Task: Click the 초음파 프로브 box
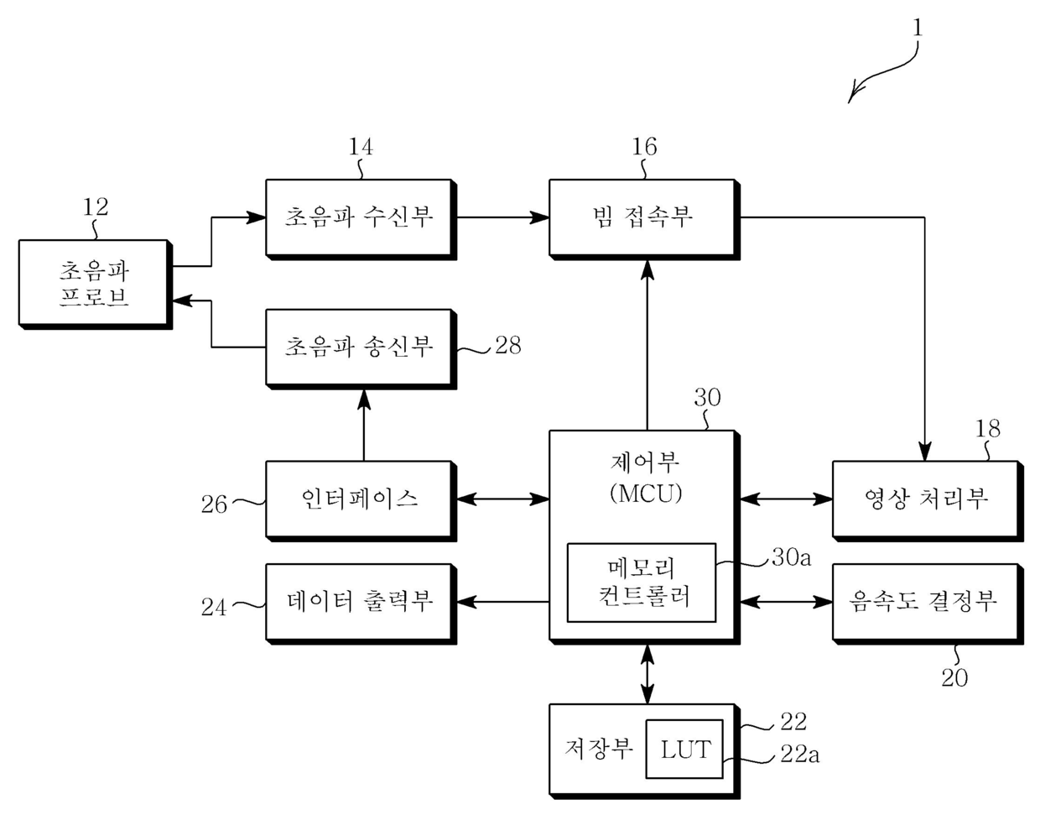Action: pos(96,285)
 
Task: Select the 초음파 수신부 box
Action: pos(361,219)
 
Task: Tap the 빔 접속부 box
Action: pos(645,219)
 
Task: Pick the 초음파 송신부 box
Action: pos(361,349)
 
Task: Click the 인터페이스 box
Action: pos(361,501)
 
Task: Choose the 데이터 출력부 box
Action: pos(361,603)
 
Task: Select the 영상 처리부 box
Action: pos(928,501)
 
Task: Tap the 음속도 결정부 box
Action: pos(928,603)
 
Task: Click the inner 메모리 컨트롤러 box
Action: pos(642,583)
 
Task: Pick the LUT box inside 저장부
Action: pos(684,749)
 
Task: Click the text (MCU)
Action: pos(646,494)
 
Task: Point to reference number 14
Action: pos(361,147)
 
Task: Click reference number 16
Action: pos(644,147)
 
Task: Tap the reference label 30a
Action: pos(791,557)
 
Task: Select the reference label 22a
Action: pos(800,755)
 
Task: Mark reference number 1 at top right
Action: pos(918,29)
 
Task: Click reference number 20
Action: pos(954,678)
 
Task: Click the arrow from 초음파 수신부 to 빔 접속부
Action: pos(503,217)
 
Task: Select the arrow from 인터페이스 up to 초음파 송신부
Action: pos(364,426)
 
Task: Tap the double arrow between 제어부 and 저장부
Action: pos(647,674)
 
